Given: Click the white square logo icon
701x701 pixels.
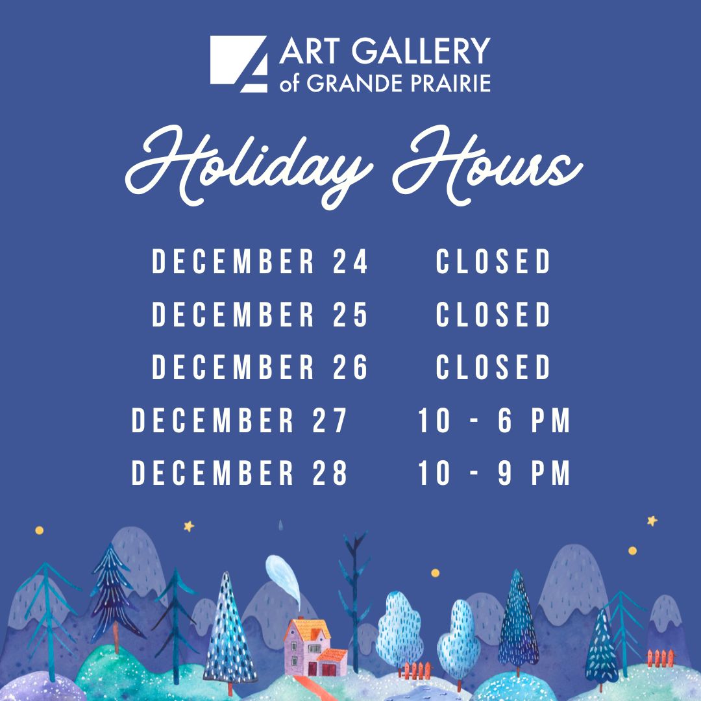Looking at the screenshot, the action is coord(238,64).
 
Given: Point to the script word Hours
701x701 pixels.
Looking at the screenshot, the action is coord(487,165).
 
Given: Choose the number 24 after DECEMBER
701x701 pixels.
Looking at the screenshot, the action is coord(350,261).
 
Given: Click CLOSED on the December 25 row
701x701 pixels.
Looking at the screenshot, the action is coord(493,314).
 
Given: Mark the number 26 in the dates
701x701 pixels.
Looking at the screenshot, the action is coord(350,367).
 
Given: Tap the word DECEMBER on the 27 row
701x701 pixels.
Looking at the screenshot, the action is coord(212,420).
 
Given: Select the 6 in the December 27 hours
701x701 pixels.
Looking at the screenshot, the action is coord(505,420).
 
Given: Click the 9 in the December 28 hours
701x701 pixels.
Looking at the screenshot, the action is coord(505,473).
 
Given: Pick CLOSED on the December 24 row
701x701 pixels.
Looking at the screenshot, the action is coord(493,261).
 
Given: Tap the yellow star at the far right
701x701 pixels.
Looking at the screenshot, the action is coord(652,521).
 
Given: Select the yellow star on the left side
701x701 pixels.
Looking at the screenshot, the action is coord(189,526).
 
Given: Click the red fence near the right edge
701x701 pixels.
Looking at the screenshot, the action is coord(661,658).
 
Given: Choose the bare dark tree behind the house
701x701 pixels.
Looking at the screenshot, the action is coord(354,601).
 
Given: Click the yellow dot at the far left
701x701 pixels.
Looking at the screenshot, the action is coord(40,530).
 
